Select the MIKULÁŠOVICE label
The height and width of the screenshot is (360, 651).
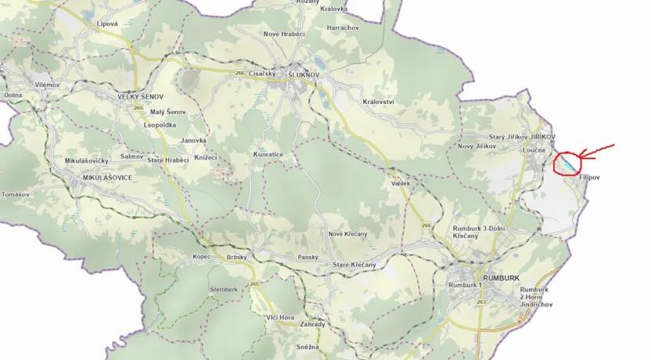[107, 178]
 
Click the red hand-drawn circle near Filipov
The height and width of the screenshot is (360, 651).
[568, 164]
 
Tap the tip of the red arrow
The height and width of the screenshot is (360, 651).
[581, 153]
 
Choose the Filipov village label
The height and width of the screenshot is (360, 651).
[589, 178]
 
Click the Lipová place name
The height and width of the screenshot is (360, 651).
[106, 24]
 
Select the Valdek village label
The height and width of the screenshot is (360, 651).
[400, 183]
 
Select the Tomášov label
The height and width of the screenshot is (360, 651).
[16, 194]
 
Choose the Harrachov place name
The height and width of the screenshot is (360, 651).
[342, 27]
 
